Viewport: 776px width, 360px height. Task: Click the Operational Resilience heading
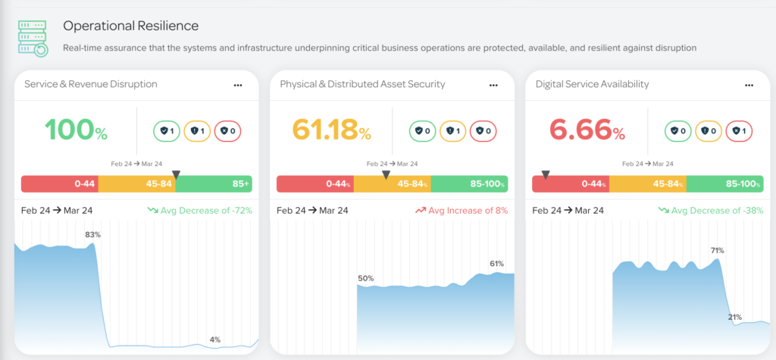(x=130, y=26)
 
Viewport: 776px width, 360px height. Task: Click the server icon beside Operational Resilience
(x=33, y=38)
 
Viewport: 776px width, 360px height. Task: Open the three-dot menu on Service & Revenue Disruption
(x=238, y=85)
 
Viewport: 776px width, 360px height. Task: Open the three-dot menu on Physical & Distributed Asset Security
(x=493, y=85)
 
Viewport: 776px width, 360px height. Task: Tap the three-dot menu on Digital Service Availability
(x=748, y=85)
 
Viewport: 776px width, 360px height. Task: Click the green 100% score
(x=76, y=130)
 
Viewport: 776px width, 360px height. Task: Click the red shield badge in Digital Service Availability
(x=743, y=130)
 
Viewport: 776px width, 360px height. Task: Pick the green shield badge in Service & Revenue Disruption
(x=167, y=130)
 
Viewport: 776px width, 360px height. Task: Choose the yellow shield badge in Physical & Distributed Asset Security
(x=453, y=130)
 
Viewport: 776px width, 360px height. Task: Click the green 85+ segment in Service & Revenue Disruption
(x=217, y=184)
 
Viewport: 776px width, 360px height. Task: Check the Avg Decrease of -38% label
(x=716, y=211)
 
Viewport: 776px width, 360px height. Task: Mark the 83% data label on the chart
(x=92, y=235)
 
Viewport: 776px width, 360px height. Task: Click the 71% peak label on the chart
(x=717, y=250)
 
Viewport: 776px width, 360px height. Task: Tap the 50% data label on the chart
(x=366, y=279)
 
